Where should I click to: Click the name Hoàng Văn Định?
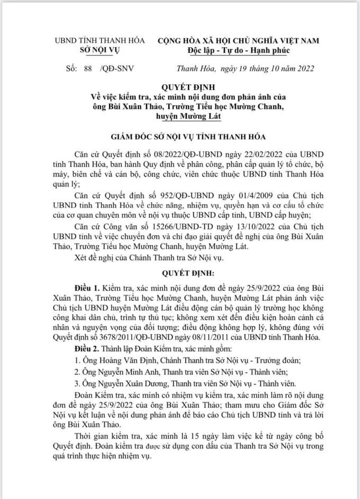[120, 361]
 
